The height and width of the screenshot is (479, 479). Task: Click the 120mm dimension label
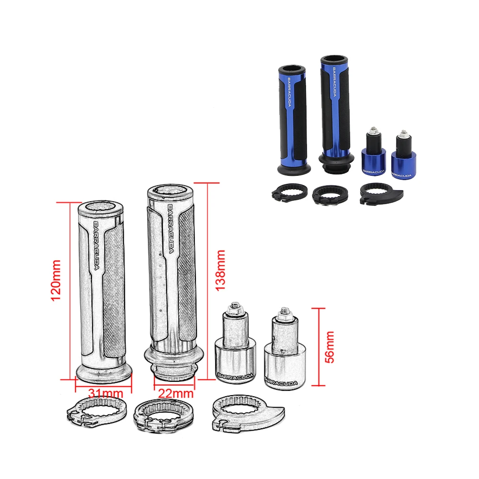pyautogui.click(x=56, y=280)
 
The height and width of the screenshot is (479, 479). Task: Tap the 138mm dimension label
pyautogui.click(x=220, y=270)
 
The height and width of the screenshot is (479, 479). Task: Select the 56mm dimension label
pyautogui.click(x=330, y=347)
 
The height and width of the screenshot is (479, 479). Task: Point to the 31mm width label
pyautogui.click(x=105, y=393)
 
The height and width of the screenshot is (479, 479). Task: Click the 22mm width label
pyautogui.click(x=176, y=393)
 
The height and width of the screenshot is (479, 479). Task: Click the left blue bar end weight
pyautogui.click(x=373, y=154)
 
